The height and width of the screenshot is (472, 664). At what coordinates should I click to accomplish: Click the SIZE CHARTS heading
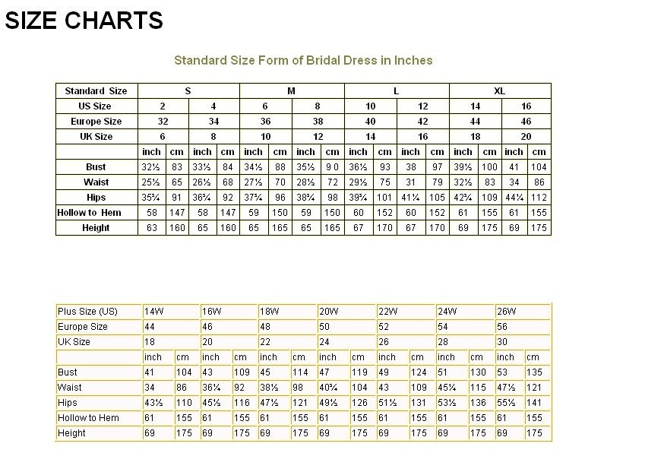[x=84, y=21]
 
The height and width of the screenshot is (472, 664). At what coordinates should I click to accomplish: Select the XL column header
[x=499, y=91]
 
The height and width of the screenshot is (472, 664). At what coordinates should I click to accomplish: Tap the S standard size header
[x=188, y=91]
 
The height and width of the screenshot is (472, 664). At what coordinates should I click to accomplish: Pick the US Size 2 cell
[x=163, y=106]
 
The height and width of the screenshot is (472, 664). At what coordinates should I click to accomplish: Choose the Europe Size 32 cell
[x=163, y=122]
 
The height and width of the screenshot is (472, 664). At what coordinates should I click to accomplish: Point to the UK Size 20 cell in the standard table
[x=526, y=137]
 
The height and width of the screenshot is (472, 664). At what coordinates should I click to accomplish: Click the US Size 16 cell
[x=526, y=106]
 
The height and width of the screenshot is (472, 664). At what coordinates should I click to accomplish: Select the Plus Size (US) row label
[x=87, y=312]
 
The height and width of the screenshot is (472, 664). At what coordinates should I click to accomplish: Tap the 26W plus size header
[x=507, y=312]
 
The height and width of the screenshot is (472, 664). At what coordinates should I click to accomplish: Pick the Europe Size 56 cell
[x=502, y=327]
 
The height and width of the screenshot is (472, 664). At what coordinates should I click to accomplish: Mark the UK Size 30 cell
[x=502, y=342]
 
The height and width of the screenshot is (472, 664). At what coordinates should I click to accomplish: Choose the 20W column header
[x=329, y=312]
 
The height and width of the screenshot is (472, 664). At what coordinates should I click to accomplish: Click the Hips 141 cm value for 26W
[x=535, y=403]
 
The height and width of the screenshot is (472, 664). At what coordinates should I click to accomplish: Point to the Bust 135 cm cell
[x=535, y=372]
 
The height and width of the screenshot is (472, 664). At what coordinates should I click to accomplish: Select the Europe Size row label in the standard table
[x=96, y=122]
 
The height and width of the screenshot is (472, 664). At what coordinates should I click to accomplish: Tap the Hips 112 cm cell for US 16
[x=539, y=198]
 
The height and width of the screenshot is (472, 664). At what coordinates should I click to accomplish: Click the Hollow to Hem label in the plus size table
[x=88, y=418]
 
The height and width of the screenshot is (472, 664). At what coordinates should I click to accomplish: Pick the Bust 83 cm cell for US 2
[x=175, y=167]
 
